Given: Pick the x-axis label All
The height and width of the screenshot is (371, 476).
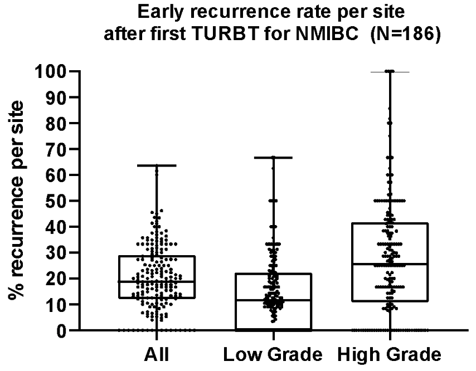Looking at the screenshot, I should pos(157,355).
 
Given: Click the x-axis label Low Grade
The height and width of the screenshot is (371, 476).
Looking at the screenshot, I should pos(273,355).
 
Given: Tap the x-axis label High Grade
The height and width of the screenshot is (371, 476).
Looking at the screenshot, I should pos(390,355).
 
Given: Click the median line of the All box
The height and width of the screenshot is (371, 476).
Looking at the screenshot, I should pos(157,281).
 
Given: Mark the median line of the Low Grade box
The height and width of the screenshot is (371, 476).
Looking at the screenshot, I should pos(273,300).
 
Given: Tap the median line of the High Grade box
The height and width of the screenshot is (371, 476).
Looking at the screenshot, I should pos(390,263).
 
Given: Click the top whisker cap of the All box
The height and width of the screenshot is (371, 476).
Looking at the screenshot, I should pos(157,165).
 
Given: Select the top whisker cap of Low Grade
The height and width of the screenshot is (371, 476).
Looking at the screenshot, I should pos(273,158).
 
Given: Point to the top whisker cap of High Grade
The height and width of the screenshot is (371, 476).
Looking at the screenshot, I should pos(390,72).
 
